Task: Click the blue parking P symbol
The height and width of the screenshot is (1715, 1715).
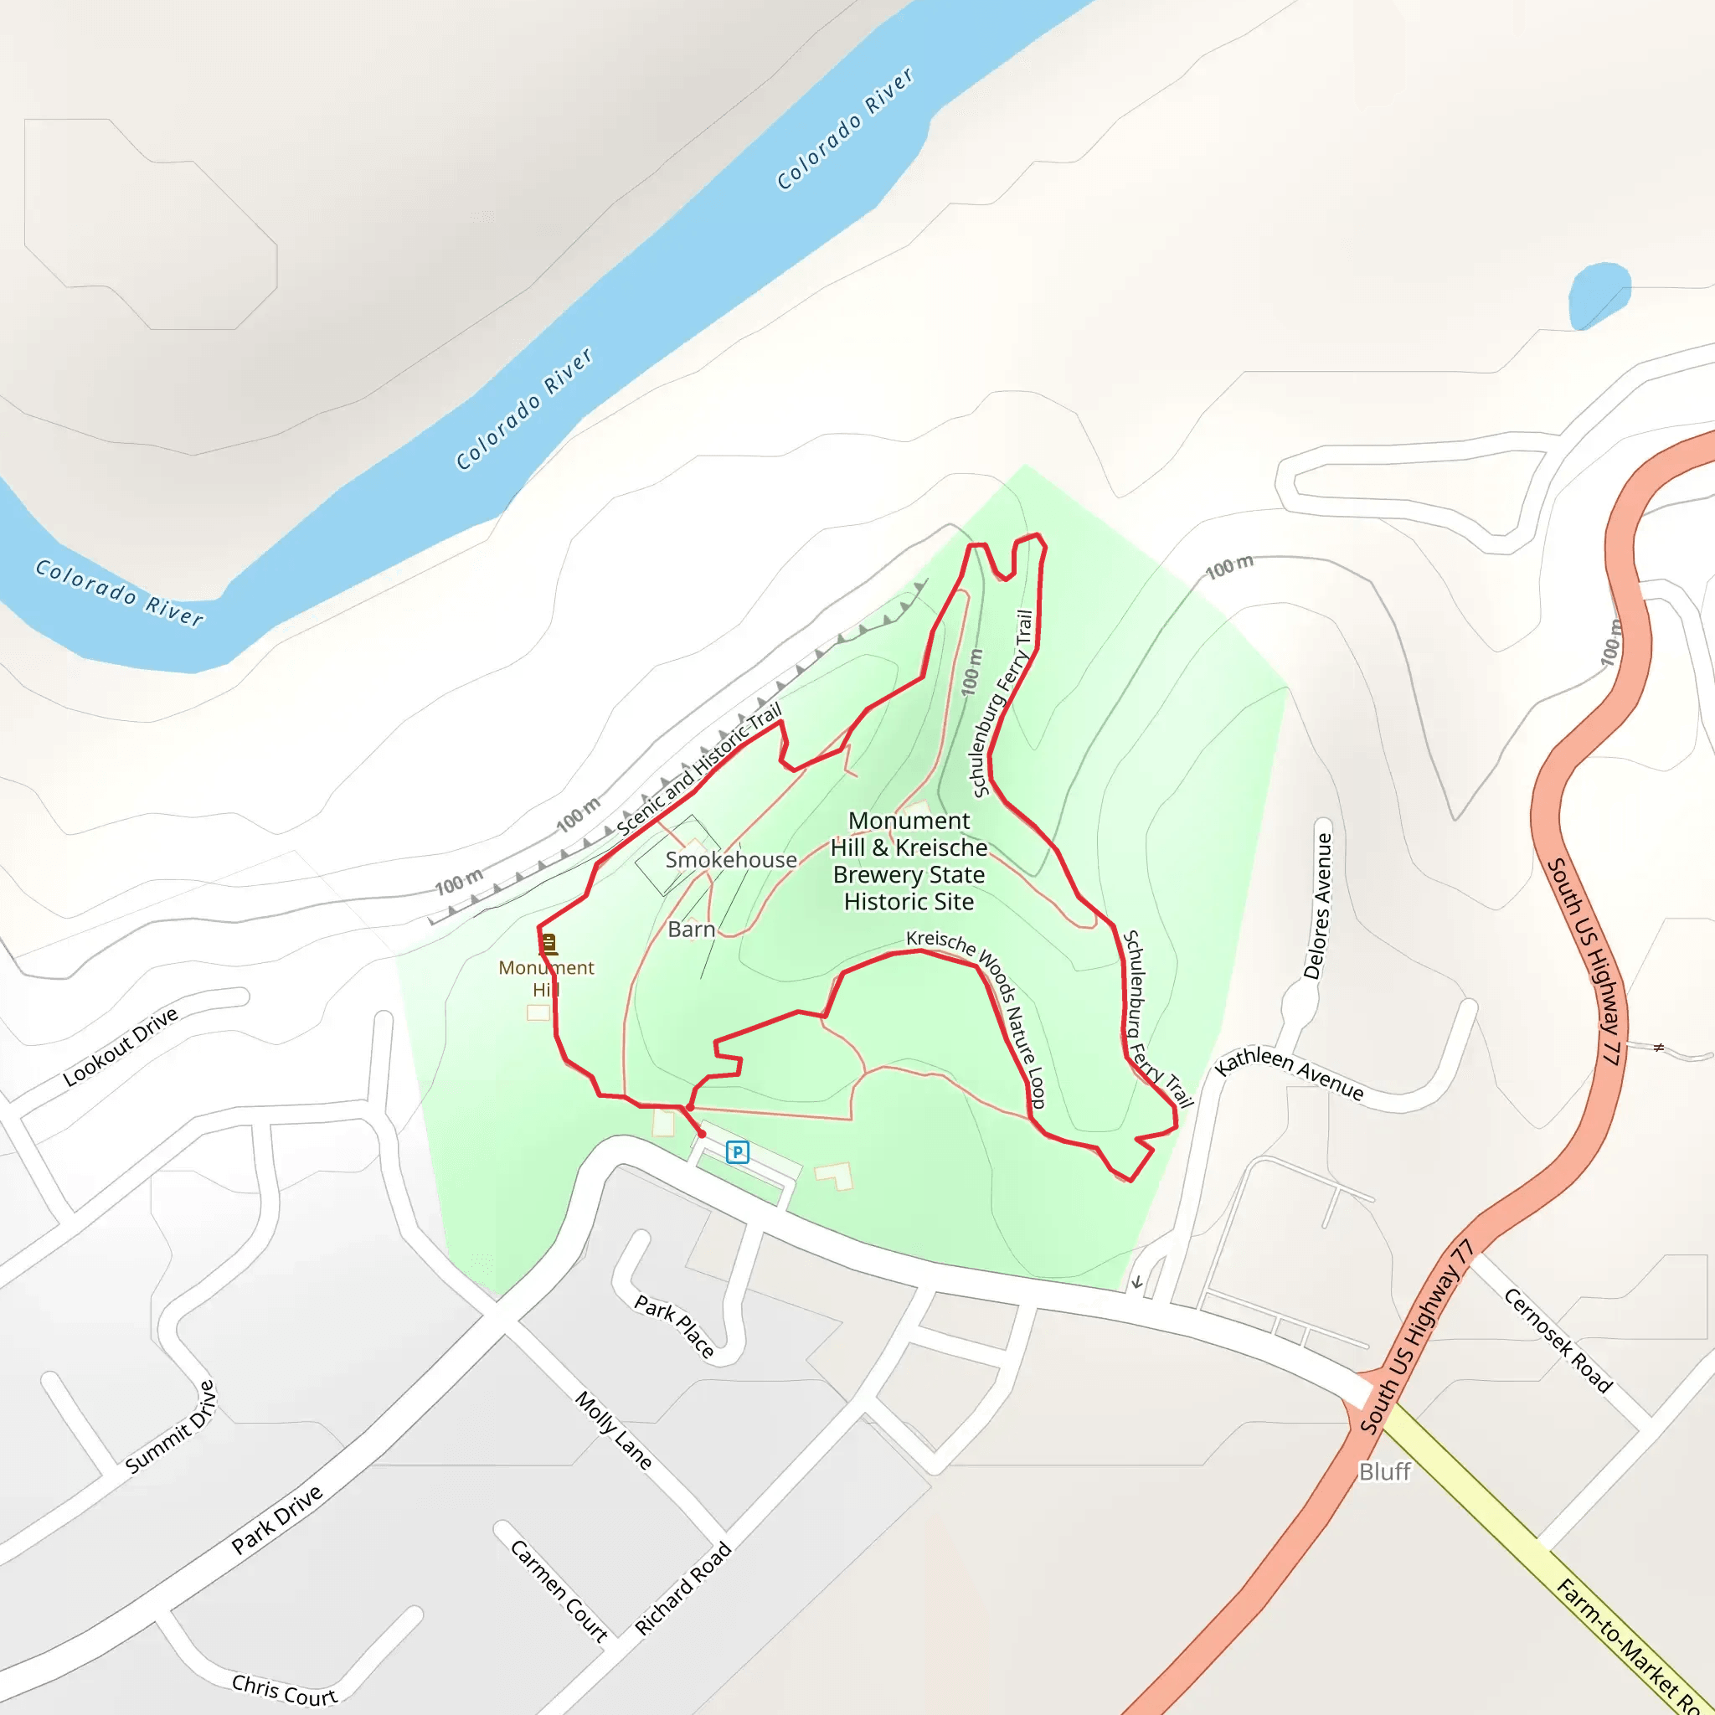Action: (738, 1152)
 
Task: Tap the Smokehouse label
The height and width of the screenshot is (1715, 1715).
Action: (730, 859)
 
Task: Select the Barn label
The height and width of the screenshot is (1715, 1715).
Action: (692, 930)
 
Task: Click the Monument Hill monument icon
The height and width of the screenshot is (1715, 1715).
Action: (548, 944)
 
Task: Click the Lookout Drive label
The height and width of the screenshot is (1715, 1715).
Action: (121, 1048)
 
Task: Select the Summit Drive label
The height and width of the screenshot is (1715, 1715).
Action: (172, 1428)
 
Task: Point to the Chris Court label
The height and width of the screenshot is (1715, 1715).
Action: (284, 1690)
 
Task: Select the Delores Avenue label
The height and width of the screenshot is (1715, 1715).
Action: (1318, 905)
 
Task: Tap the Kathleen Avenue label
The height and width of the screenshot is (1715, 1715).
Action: (1289, 1073)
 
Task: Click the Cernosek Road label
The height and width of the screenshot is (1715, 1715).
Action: (1558, 1341)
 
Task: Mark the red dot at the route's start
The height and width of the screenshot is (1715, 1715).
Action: (702, 1134)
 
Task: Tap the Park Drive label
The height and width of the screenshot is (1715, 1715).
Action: (277, 1521)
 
